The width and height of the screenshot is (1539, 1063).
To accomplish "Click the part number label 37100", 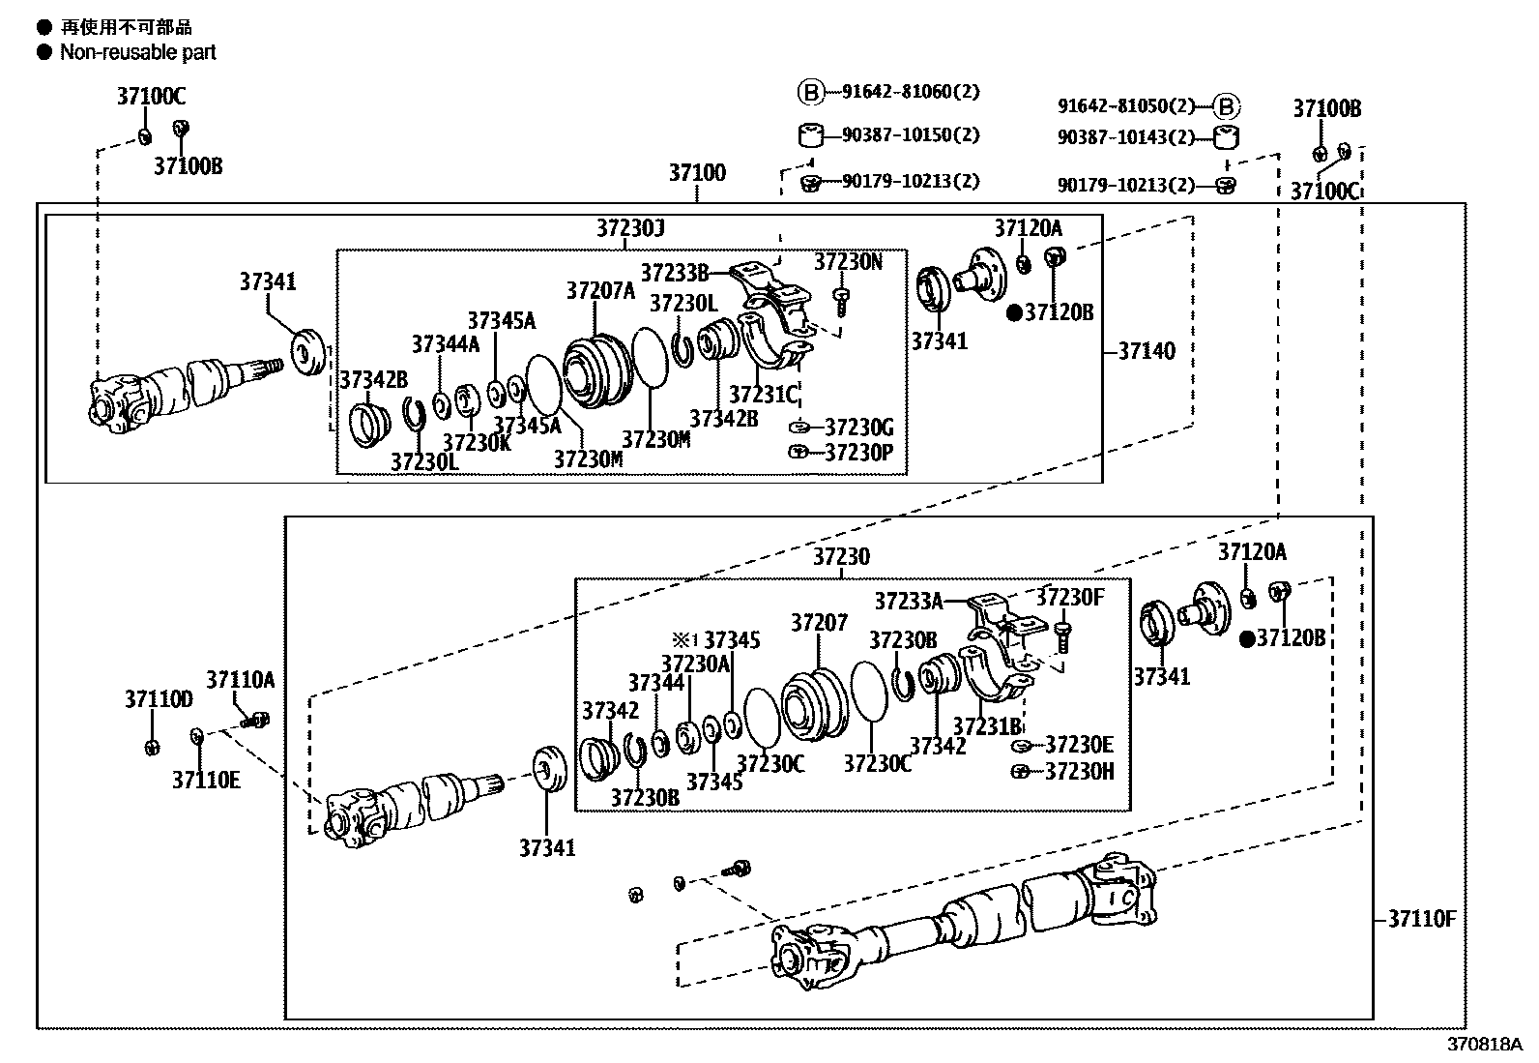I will click(x=697, y=173).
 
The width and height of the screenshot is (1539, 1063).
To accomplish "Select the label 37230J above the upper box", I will click(x=630, y=228).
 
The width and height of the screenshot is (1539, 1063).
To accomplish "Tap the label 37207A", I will click(x=600, y=290).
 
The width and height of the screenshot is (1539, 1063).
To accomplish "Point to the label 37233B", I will click(x=674, y=273).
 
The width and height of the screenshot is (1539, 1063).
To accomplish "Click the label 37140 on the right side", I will click(x=1147, y=351).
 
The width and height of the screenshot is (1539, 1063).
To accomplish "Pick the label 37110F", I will click(x=1421, y=919).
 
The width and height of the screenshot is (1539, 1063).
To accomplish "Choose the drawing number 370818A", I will click(x=1484, y=1045).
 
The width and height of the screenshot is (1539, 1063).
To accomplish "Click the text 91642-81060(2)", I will click(x=910, y=92).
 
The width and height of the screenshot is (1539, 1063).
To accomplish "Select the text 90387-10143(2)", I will click(x=1126, y=138).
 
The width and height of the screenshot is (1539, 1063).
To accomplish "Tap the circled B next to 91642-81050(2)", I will click(x=1226, y=106).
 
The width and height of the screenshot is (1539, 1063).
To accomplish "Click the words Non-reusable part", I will click(x=138, y=52).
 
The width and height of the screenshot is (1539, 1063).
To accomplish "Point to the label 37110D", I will click(x=159, y=698).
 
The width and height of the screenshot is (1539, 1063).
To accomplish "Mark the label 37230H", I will click(x=1079, y=771).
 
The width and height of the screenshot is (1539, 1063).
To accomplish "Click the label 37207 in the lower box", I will click(x=819, y=623).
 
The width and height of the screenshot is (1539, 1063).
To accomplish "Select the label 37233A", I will click(x=908, y=602).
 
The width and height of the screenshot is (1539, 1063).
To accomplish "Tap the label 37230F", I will click(x=1069, y=597).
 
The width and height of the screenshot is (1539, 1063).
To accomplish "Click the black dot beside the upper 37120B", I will click(x=1014, y=312).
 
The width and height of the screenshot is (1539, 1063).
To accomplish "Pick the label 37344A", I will click(x=445, y=344).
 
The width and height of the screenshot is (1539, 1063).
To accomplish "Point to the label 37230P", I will click(x=858, y=452).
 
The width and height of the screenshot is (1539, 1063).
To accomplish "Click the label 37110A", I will click(x=240, y=680).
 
